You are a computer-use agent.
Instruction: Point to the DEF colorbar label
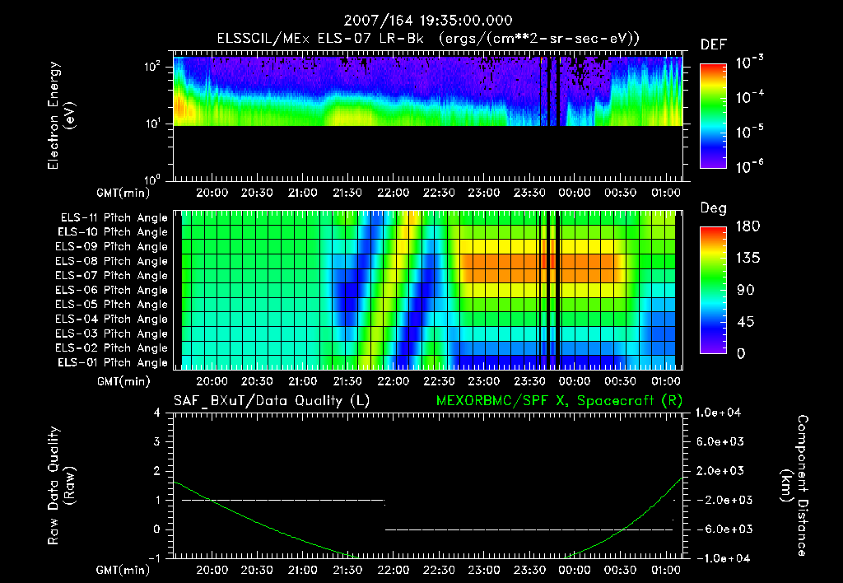(713, 45)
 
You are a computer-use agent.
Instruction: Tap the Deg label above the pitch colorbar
(713, 208)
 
